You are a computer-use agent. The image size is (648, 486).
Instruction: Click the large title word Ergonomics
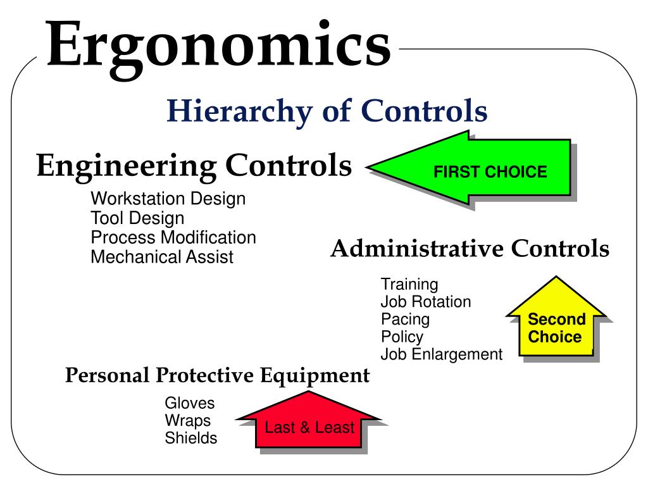(x=218, y=46)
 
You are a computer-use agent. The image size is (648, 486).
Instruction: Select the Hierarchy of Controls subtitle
(x=327, y=112)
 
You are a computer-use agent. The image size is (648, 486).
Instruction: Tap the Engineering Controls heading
(x=194, y=166)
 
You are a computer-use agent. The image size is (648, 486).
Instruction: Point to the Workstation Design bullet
(x=168, y=199)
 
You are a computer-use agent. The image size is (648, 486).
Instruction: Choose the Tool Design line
(x=137, y=218)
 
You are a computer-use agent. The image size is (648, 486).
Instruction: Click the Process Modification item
(x=173, y=238)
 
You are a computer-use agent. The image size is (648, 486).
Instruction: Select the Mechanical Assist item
(x=162, y=258)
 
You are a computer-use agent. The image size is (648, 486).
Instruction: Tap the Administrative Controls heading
(x=470, y=249)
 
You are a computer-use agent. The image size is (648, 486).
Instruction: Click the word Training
(x=409, y=285)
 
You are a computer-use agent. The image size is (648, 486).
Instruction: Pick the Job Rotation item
(x=425, y=302)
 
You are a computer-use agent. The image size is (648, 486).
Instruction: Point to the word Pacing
(x=405, y=319)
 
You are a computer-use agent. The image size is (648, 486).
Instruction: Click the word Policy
(x=402, y=337)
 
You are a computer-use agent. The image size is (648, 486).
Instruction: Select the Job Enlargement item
(x=441, y=354)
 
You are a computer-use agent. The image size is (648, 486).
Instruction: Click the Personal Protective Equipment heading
(x=218, y=375)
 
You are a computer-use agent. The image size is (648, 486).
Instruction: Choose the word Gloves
(x=190, y=403)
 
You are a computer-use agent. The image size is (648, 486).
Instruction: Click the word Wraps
(x=188, y=420)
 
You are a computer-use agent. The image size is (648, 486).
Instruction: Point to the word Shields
(x=191, y=438)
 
